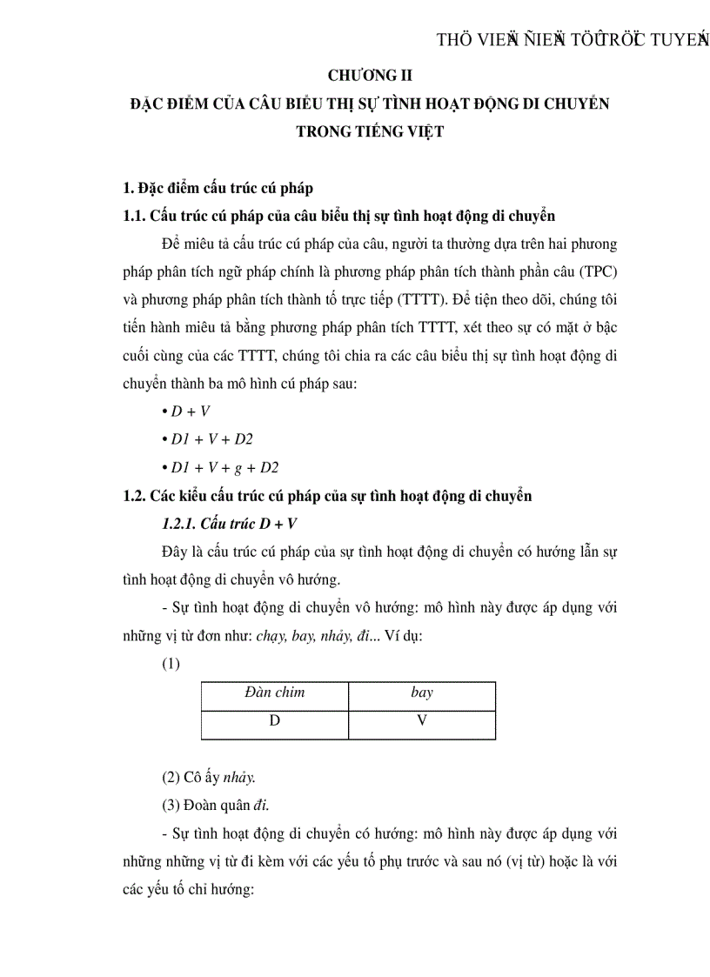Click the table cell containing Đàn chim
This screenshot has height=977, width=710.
pos(274,693)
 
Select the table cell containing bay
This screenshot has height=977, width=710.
pos(421,693)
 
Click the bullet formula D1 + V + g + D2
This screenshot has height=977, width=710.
pos(224,467)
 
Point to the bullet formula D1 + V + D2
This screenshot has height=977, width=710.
pos(211,439)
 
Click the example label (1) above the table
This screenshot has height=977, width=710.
pos(171,664)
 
